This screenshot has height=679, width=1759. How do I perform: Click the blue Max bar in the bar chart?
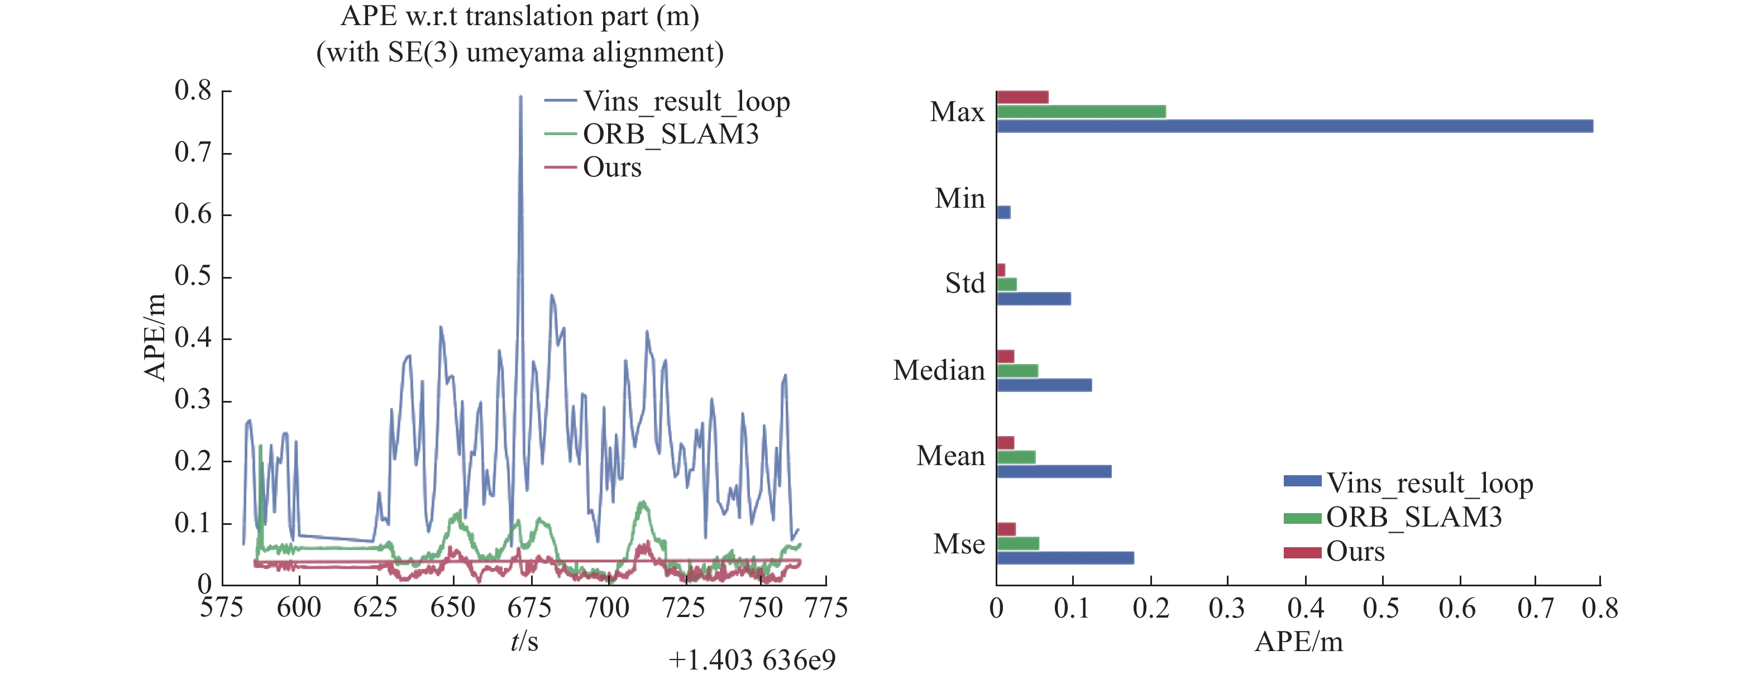click(x=1294, y=126)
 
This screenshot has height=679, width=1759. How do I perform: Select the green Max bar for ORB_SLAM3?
click(x=1081, y=111)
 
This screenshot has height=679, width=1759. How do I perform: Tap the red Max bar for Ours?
click(x=1022, y=97)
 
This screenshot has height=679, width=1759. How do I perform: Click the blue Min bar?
click(x=1003, y=212)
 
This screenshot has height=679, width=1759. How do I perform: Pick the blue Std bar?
click(x=1033, y=299)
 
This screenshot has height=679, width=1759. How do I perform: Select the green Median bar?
click(x=1017, y=371)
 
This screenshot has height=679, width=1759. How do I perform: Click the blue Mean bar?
click(x=1054, y=471)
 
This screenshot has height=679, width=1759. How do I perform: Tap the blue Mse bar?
click(x=1064, y=558)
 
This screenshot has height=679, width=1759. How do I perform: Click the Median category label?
click(x=939, y=371)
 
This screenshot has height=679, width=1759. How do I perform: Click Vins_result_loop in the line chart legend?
click(x=686, y=102)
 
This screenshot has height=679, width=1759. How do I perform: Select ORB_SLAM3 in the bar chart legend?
click(x=1413, y=518)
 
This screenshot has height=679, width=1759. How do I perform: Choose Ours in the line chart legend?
click(x=612, y=168)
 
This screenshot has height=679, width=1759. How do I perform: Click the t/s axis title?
click(x=524, y=642)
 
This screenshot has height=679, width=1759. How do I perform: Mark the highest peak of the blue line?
click(x=520, y=98)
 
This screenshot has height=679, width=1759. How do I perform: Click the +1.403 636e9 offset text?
click(x=751, y=661)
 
